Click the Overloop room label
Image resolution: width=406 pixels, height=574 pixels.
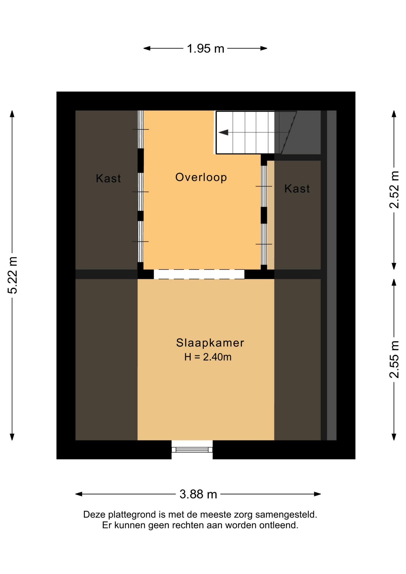pyautogui.click(x=201, y=177)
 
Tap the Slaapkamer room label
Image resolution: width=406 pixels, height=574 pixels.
pyautogui.click(x=210, y=343)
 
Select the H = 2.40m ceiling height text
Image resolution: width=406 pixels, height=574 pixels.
pyautogui.click(x=208, y=357)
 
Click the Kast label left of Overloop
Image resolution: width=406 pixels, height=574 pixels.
pyautogui.click(x=108, y=178)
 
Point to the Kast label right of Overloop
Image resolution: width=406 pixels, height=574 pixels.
pyautogui.click(x=297, y=189)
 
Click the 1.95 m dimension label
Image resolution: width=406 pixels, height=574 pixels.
pyautogui.click(x=205, y=48)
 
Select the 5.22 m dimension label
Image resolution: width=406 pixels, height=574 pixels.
pyautogui.click(x=13, y=275)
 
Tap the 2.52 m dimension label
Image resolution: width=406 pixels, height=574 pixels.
pyautogui.click(x=394, y=190)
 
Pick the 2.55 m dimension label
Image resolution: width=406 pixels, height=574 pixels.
pyautogui.click(x=394, y=360)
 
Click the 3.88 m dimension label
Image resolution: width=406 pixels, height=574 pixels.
pyautogui.click(x=198, y=494)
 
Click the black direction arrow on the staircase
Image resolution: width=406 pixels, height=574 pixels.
pyautogui.click(x=223, y=132)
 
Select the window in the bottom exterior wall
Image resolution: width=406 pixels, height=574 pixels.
pyautogui.click(x=192, y=450)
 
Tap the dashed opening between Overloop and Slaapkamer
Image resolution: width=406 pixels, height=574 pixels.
pyautogui.click(x=199, y=274)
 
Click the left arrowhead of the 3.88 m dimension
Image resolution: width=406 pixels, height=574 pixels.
pyautogui.click(x=79, y=494)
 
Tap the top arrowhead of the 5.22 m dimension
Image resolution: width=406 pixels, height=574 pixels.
pyautogui.click(x=12, y=114)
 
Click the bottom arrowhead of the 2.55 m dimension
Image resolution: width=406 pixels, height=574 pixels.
pyautogui.click(x=394, y=437)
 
